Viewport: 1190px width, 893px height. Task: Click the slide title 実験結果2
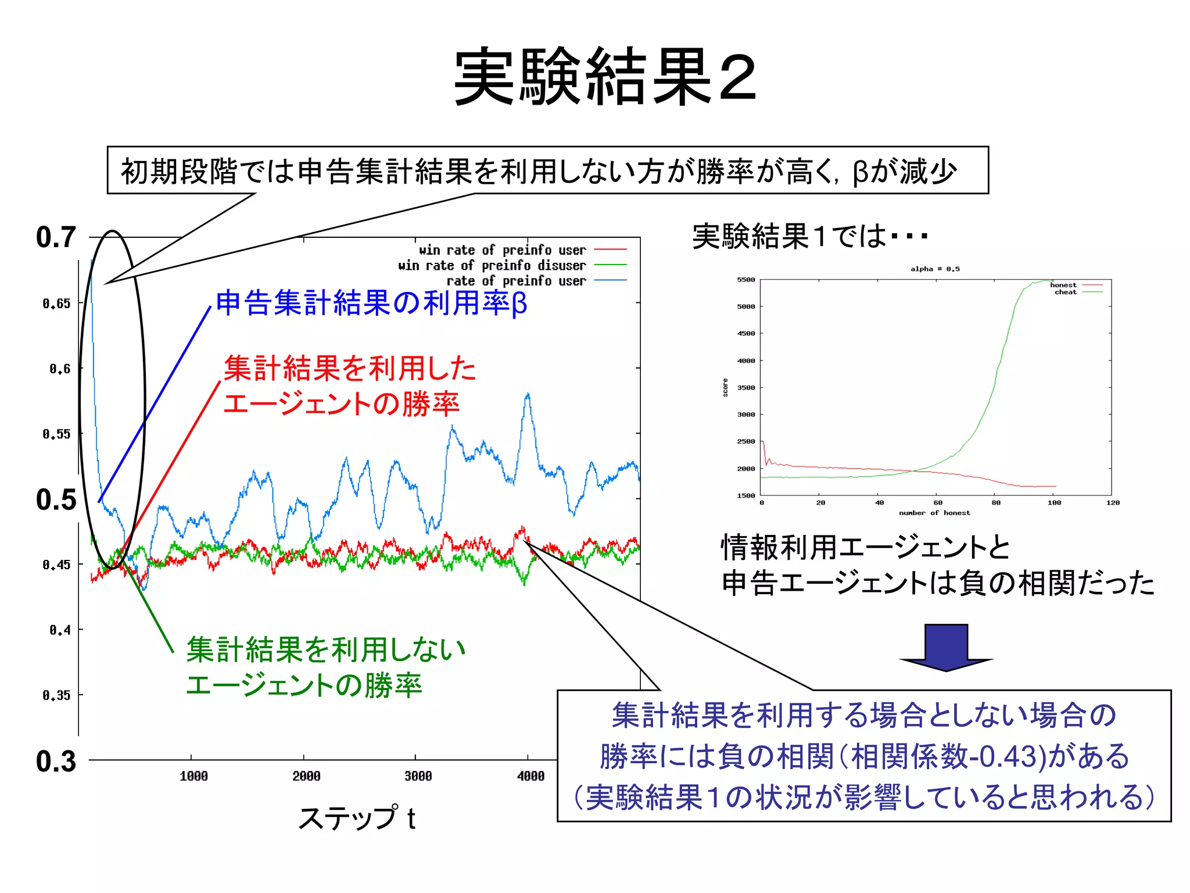point(605,77)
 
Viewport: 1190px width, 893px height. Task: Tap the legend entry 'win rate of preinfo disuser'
point(492,266)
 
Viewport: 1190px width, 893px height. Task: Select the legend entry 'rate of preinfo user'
point(516,281)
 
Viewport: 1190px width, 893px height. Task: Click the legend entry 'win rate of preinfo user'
point(503,250)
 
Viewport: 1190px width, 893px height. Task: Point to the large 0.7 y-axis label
point(56,237)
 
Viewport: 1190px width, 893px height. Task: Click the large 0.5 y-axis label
point(56,499)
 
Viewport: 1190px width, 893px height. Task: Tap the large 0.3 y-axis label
point(56,761)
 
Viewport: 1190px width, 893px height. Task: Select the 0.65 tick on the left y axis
point(56,303)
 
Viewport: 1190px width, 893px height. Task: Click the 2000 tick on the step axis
point(306,776)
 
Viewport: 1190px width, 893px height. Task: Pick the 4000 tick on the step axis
point(531,776)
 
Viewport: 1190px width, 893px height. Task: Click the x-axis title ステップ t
point(357,818)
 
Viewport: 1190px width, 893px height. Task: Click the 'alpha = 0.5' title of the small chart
point(935,269)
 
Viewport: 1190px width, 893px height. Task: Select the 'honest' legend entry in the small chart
point(1063,285)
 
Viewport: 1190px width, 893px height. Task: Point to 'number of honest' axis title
point(934,513)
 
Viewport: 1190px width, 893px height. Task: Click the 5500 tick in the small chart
point(746,280)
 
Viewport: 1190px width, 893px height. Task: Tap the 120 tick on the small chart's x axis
point(1113,503)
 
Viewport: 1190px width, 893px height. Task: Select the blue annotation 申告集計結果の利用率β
point(371,303)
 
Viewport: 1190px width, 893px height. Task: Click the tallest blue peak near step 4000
point(528,395)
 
